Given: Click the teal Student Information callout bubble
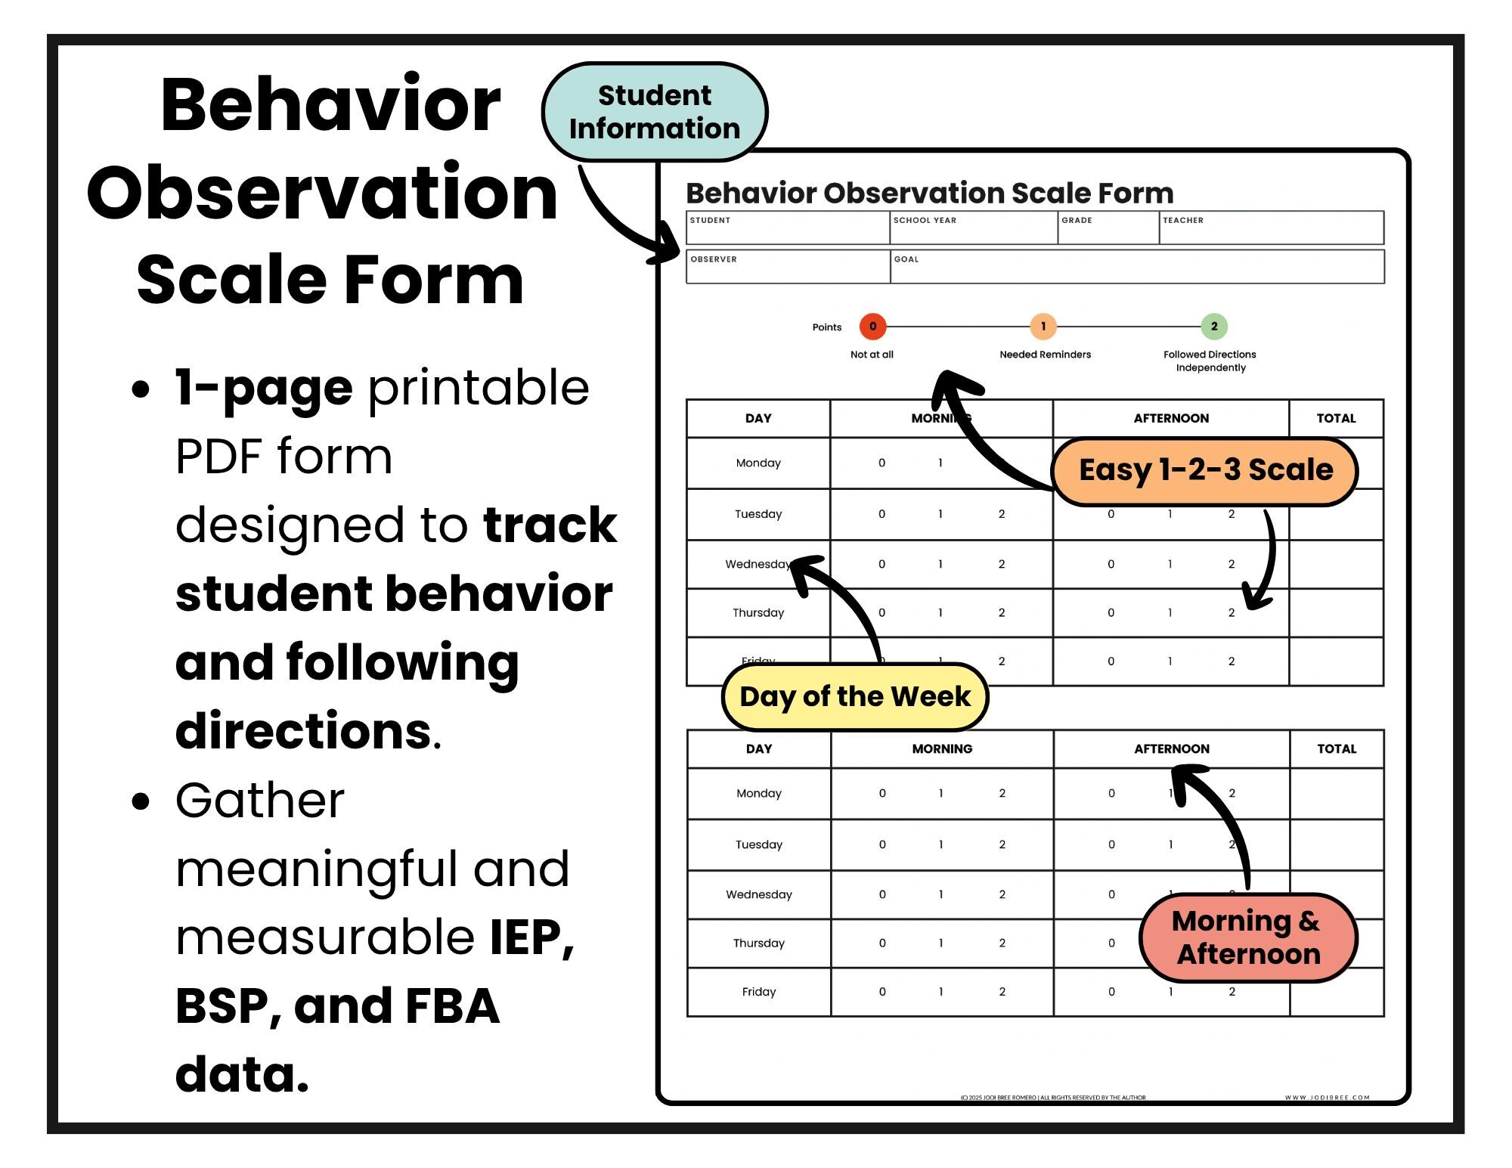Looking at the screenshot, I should (654, 112).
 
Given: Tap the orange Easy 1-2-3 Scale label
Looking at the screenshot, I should (1205, 470).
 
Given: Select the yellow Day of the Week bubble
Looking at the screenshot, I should (854, 696).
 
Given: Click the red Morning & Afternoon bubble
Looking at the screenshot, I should (1247, 937).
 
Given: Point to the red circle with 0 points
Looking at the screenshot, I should (872, 327).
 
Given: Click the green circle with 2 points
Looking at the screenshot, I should (1214, 327).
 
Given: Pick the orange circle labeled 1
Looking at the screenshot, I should (1043, 327).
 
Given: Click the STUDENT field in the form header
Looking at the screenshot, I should (787, 228).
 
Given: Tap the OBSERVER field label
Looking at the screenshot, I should (714, 259).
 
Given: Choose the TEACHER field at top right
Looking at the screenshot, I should (1271, 228).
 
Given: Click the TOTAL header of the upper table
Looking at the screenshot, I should (1336, 418).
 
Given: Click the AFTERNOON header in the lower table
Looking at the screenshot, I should (1171, 748).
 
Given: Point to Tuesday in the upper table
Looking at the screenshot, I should (758, 514).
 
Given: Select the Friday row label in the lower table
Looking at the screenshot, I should (759, 992).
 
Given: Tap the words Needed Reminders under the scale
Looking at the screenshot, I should (1045, 355).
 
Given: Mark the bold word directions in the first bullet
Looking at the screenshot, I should (303, 731).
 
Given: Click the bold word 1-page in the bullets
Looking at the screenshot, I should (264, 387).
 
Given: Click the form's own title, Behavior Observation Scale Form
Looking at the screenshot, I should (929, 194).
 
